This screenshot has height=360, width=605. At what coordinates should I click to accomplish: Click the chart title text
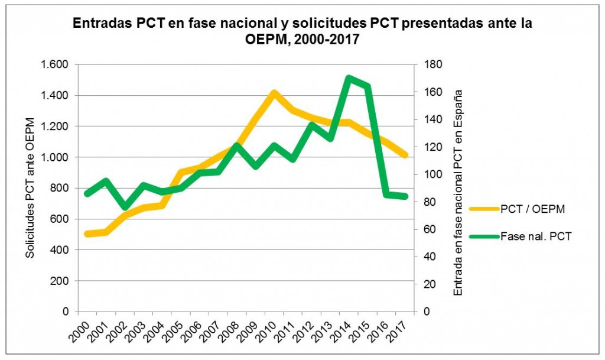pos(302,33)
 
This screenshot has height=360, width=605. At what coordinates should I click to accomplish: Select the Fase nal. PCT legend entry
pos(535,236)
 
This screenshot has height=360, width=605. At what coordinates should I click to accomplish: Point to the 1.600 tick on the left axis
pos(54,64)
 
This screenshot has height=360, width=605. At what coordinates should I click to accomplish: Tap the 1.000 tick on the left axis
pos(54,157)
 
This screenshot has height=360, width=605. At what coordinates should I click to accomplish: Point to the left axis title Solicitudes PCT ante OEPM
pos(30,188)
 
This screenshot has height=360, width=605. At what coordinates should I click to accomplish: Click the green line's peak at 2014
pos(348,78)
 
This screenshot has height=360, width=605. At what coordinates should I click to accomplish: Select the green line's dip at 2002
pos(125,207)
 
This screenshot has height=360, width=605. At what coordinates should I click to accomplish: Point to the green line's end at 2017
pos(405,196)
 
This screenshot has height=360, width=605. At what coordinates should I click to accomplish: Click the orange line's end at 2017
pos(405,155)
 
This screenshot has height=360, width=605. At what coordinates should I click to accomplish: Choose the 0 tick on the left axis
pos(66,312)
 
